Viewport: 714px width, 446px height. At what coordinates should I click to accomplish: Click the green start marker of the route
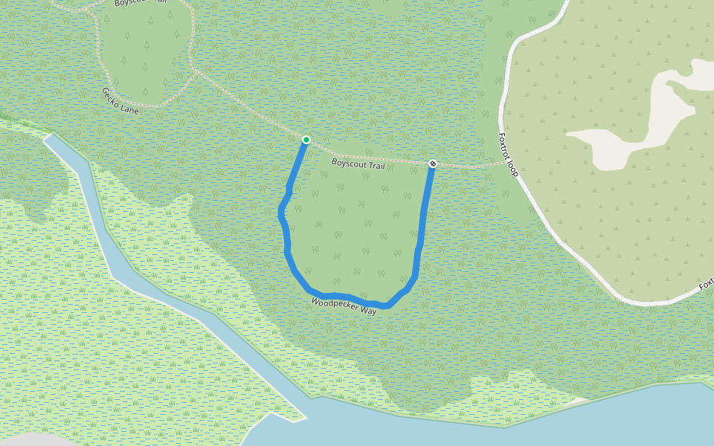306,140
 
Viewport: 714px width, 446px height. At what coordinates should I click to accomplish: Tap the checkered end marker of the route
433,163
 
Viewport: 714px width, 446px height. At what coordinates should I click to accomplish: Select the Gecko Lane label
120,100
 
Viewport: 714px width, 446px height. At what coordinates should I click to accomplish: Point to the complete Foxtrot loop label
507,155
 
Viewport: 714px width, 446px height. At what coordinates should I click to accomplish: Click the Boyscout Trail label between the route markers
358,164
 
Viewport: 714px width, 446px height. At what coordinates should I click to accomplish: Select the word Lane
129,108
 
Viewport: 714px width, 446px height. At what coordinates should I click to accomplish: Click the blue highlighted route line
287,245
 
